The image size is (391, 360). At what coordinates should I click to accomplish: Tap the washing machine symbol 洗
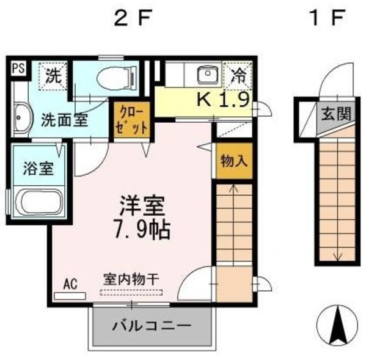pos(54,77)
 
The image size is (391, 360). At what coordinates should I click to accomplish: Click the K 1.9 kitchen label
pos(222,100)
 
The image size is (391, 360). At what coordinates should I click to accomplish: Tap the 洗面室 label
pos(64,119)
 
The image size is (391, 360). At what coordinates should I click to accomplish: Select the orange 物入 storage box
pos(233,161)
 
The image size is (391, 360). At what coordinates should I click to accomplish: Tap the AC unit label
pos(70,284)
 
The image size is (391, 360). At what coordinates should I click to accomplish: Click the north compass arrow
pos(338,324)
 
